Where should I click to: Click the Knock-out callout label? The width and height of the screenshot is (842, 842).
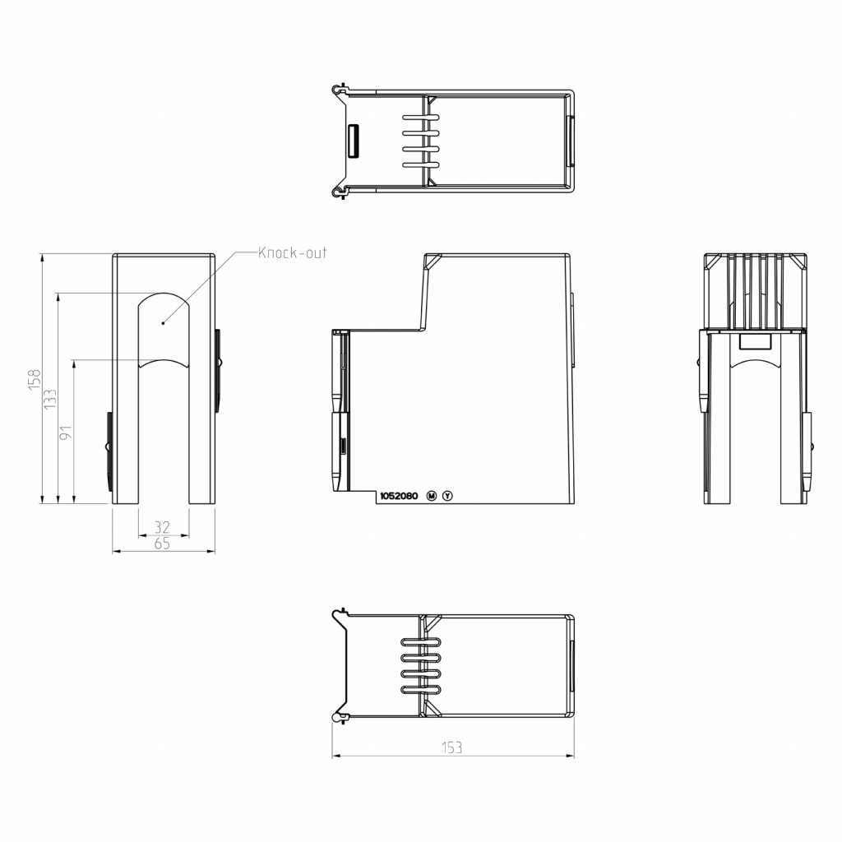[x=292, y=252]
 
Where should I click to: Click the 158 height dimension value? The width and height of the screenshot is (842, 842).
[x=35, y=380]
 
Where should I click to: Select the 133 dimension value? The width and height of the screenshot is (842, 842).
[x=50, y=400]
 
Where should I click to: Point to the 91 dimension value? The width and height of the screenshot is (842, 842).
[x=66, y=433]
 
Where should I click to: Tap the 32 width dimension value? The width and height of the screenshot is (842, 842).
[x=162, y=527]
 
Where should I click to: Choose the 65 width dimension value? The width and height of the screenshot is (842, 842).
[x=162, y=544]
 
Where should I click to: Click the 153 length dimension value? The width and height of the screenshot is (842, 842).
[x=451, y=747]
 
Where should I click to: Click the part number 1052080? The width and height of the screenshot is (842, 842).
[x=399, y=496]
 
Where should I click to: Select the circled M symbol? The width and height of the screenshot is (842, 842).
[x=431, y=496]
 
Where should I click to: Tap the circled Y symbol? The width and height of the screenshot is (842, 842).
[x=447, y=496]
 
